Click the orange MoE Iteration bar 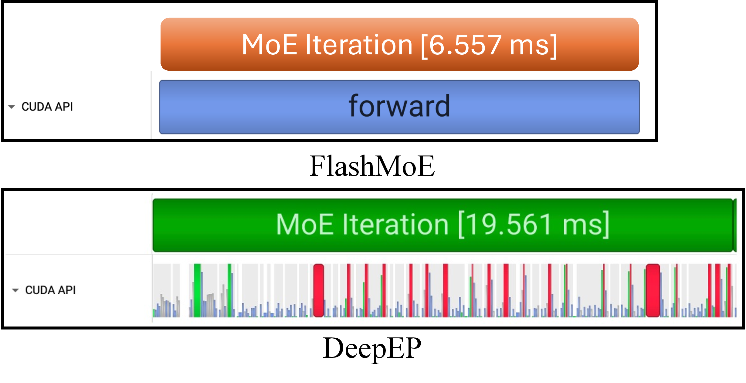coord(399,44)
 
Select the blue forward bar coord(399,107)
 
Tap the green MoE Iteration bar coord(444,225)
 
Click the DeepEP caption coord(372,348)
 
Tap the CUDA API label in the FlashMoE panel coord(47,107)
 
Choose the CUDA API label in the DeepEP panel coord(50,290)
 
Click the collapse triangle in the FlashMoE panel coord(12,107)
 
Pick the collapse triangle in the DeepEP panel coord(15,290)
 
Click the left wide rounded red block coord(318,290)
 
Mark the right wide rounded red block coord(653,290)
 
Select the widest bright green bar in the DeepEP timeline coord(197,290)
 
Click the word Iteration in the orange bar coord(359,45)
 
